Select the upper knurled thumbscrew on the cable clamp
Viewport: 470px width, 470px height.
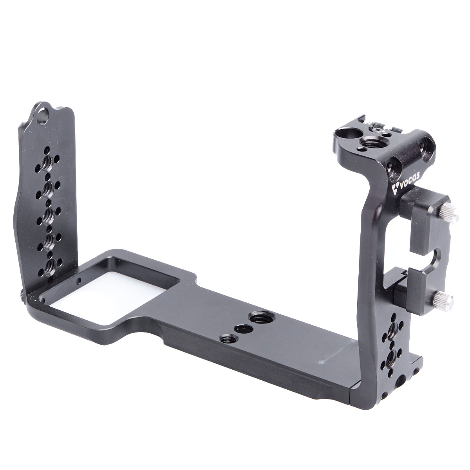coord(449,213)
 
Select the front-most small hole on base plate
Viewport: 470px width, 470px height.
coord(228,338)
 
